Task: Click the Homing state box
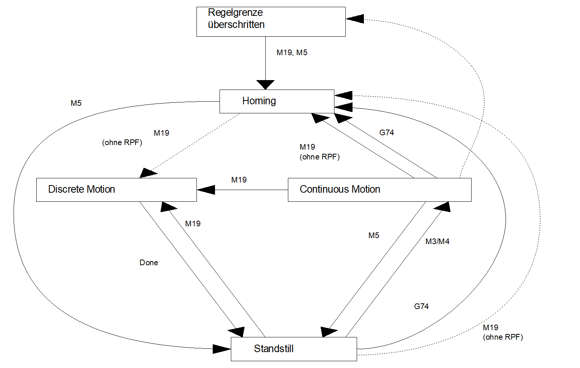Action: click(x=277, y=101)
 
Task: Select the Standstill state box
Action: click(x=294, y=349)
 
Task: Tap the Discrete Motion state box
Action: click(x=116, y=190)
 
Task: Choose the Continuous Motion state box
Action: click(x=379, y=190)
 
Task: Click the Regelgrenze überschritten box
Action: click(x=271, y=22)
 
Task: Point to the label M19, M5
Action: click(x=292, y=53)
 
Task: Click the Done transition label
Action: click(x=148, y=263)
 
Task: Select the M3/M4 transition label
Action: click(x=437, y=241)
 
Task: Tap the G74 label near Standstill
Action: click(x=421, y=306)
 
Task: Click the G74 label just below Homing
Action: click(x=387, y=133)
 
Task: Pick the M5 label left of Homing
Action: click(x=76, y=103)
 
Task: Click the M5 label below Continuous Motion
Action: click(x=374, y=235)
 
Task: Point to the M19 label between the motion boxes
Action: click(x=239, y=180)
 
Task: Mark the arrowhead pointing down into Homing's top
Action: click(x=265, y=85)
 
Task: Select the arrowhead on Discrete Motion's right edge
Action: click(x=206, y=190)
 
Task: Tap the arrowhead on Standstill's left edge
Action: click(x=222, y=349)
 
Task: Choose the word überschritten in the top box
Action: click(x=236, y=25)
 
